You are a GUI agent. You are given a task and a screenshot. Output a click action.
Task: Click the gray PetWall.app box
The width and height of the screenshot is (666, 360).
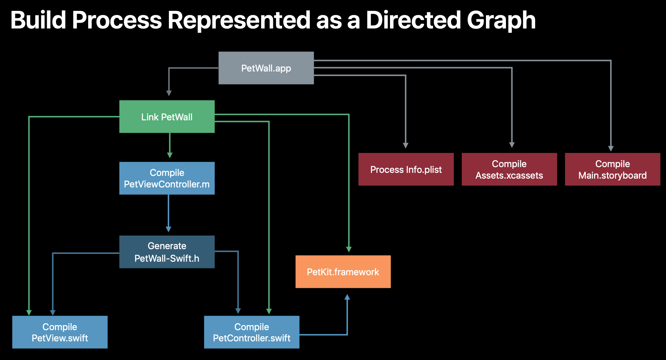coord(266,68)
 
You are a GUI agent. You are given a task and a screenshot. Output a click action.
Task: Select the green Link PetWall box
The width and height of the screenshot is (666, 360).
coord(167,117)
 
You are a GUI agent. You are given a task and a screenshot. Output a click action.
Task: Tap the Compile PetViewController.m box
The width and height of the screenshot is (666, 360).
coord(167,178)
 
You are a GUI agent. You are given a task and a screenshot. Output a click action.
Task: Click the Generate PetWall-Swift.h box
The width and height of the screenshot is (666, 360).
coord(167,252)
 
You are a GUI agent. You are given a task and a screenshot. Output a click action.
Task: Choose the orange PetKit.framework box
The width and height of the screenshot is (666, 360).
coord(343,272)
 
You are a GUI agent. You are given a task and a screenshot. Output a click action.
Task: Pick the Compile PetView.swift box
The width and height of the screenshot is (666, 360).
coord(60,332)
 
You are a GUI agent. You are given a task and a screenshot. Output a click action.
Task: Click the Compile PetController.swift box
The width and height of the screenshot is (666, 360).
coord(252,332)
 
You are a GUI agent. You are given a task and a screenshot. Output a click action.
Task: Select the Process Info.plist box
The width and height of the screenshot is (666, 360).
coord(406,169)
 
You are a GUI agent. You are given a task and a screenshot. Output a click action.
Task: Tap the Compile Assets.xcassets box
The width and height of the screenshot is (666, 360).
coord(509,169)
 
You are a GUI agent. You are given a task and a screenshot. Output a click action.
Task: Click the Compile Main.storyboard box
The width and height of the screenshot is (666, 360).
coord(612,169)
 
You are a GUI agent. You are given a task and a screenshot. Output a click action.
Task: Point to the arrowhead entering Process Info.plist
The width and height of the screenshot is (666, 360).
coord(406,145)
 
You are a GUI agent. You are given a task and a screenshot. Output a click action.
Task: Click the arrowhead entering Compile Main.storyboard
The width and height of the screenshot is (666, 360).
coord(611,148)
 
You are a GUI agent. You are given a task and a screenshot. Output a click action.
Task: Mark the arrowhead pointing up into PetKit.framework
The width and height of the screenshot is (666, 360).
coord(347,297)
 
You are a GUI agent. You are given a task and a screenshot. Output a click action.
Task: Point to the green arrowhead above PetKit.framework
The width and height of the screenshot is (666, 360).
coord(349,249)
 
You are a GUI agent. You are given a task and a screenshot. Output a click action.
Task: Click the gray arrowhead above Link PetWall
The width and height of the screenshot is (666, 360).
coord(169,93)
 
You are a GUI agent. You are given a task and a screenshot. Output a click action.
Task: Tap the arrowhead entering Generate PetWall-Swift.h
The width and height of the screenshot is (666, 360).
coord(169,229)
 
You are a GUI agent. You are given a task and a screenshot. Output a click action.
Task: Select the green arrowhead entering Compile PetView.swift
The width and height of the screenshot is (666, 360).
coord(29,312)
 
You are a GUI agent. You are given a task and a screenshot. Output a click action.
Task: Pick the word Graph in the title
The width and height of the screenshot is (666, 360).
coord(501,20)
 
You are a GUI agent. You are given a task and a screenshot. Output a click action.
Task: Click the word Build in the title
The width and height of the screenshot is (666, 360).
coord(38,20)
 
